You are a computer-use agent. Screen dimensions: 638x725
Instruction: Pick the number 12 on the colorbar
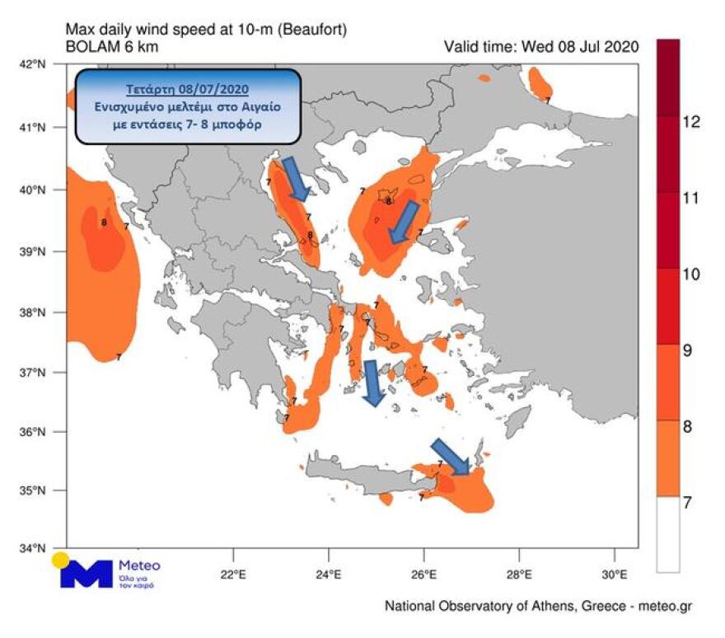[x=691, y=122]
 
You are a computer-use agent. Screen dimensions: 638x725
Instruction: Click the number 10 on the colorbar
[x=691, y=274]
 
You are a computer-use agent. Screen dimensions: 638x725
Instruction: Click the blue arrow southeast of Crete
[x=450, y=457]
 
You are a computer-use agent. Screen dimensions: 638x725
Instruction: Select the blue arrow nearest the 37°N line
[x=373, y=382]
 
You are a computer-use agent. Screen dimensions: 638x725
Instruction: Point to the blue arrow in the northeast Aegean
[x=404, y=223]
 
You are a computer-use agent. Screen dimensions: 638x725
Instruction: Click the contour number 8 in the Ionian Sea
[x=104, y=221]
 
